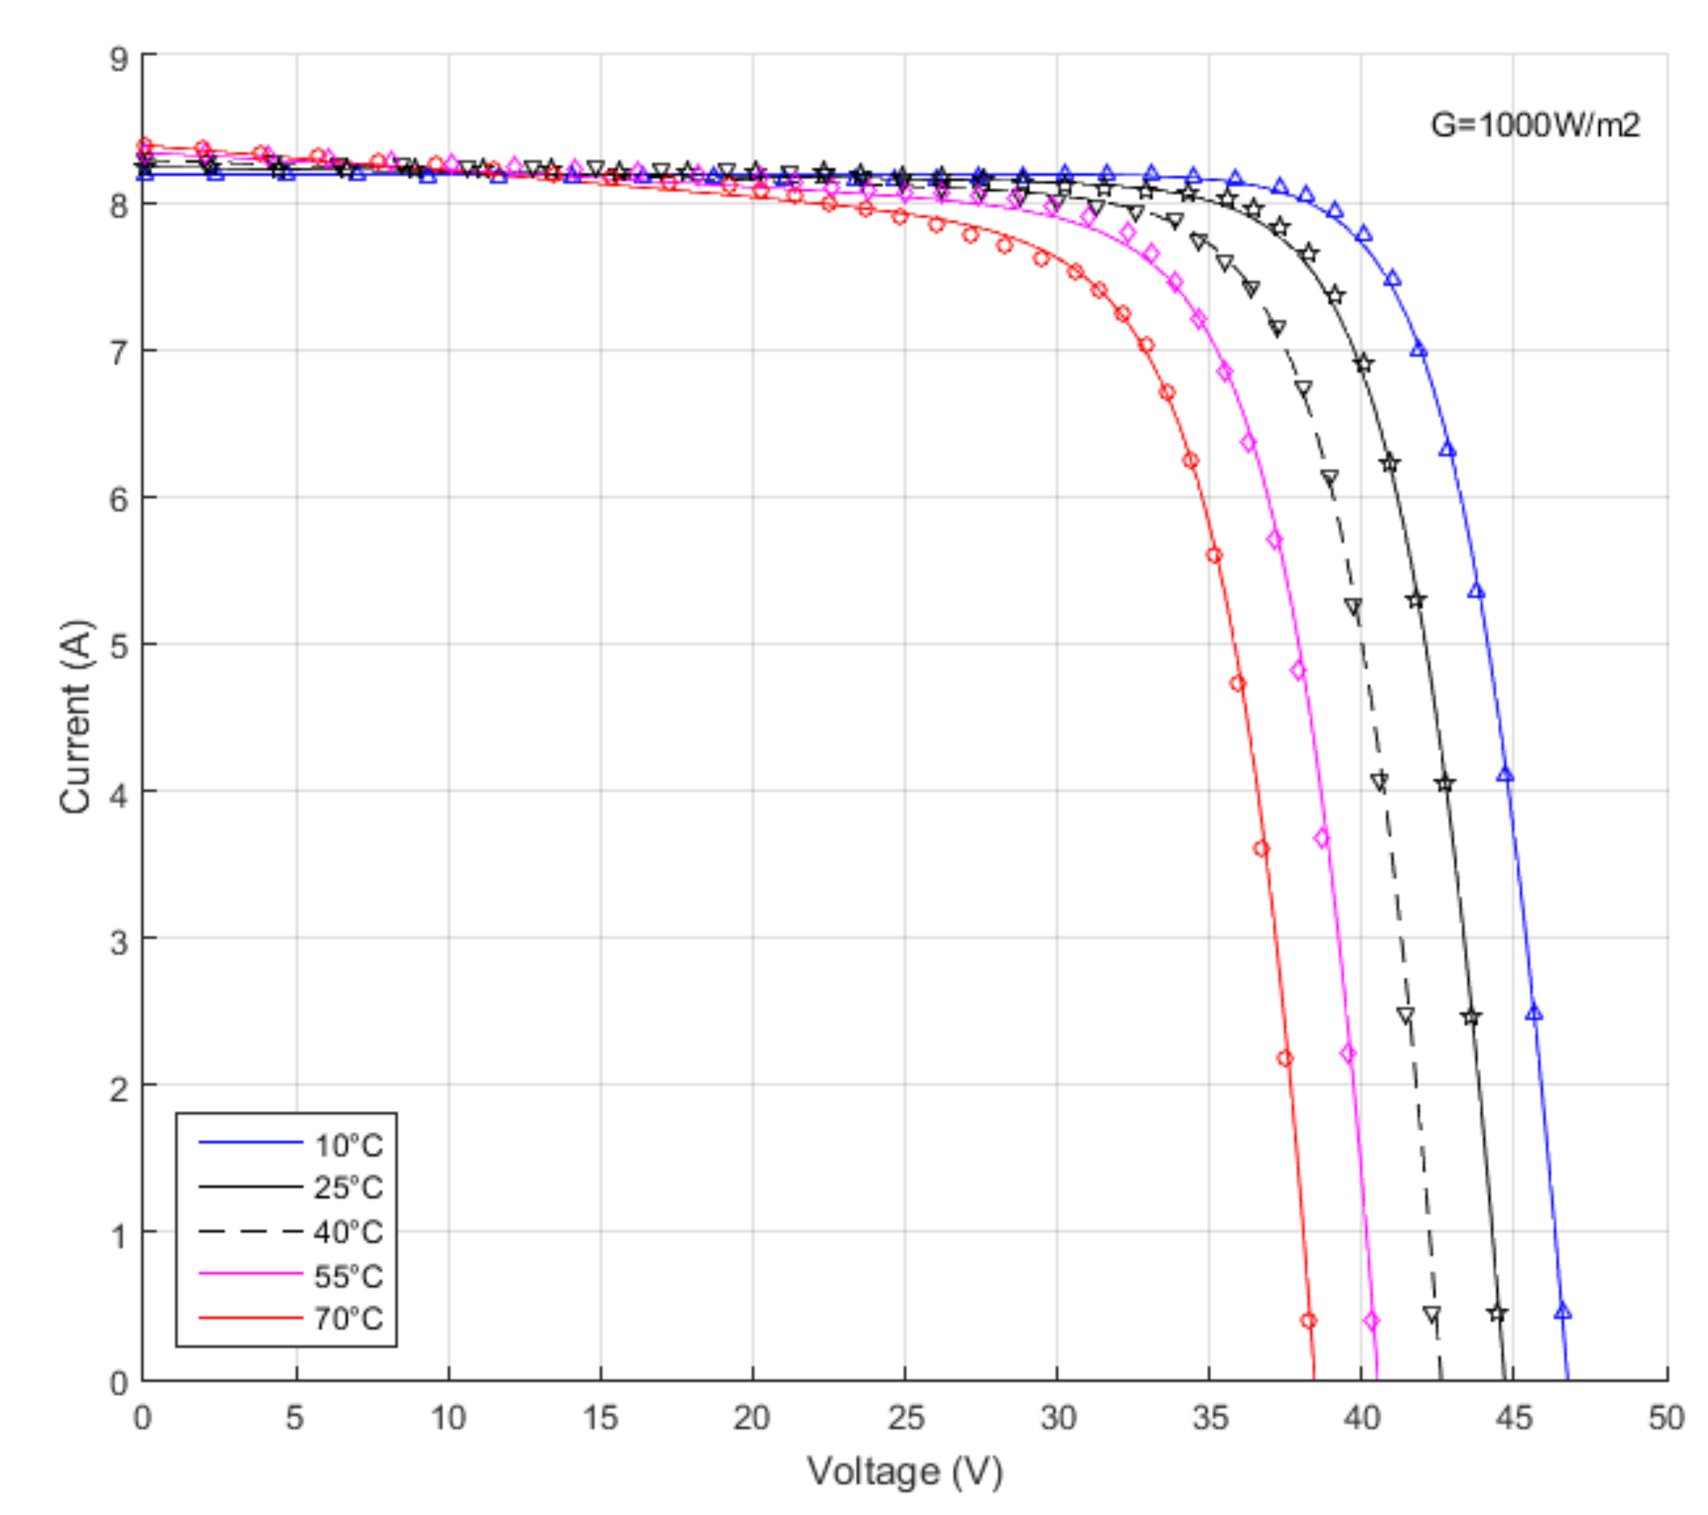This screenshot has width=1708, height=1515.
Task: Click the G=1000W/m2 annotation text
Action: click(1535, 125)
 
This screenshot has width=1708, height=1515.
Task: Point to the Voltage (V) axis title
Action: click(904, 1470)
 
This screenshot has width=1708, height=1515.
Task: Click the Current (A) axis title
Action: click(75, 716)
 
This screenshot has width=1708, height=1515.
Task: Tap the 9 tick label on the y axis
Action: click(120, 59)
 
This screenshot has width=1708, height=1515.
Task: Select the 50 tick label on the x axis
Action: click(1666, 1418)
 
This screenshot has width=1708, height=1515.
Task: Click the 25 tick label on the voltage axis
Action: click(905, 1418)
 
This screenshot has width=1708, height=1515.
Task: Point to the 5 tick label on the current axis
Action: click(120, 646)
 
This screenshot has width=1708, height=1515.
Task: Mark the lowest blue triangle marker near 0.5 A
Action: click(1562, 1312)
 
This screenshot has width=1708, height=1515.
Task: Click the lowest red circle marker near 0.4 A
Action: click(1308, 1321)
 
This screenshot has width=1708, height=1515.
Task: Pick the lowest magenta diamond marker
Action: click(1371, 1321)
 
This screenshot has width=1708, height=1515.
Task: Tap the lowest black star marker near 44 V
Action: click(1496, 1313)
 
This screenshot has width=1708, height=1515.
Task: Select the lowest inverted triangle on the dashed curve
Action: click(1431, 1314)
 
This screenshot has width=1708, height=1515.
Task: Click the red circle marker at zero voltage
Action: click(145, 145)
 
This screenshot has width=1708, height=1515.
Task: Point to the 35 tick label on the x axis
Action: click(1209, 1418)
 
